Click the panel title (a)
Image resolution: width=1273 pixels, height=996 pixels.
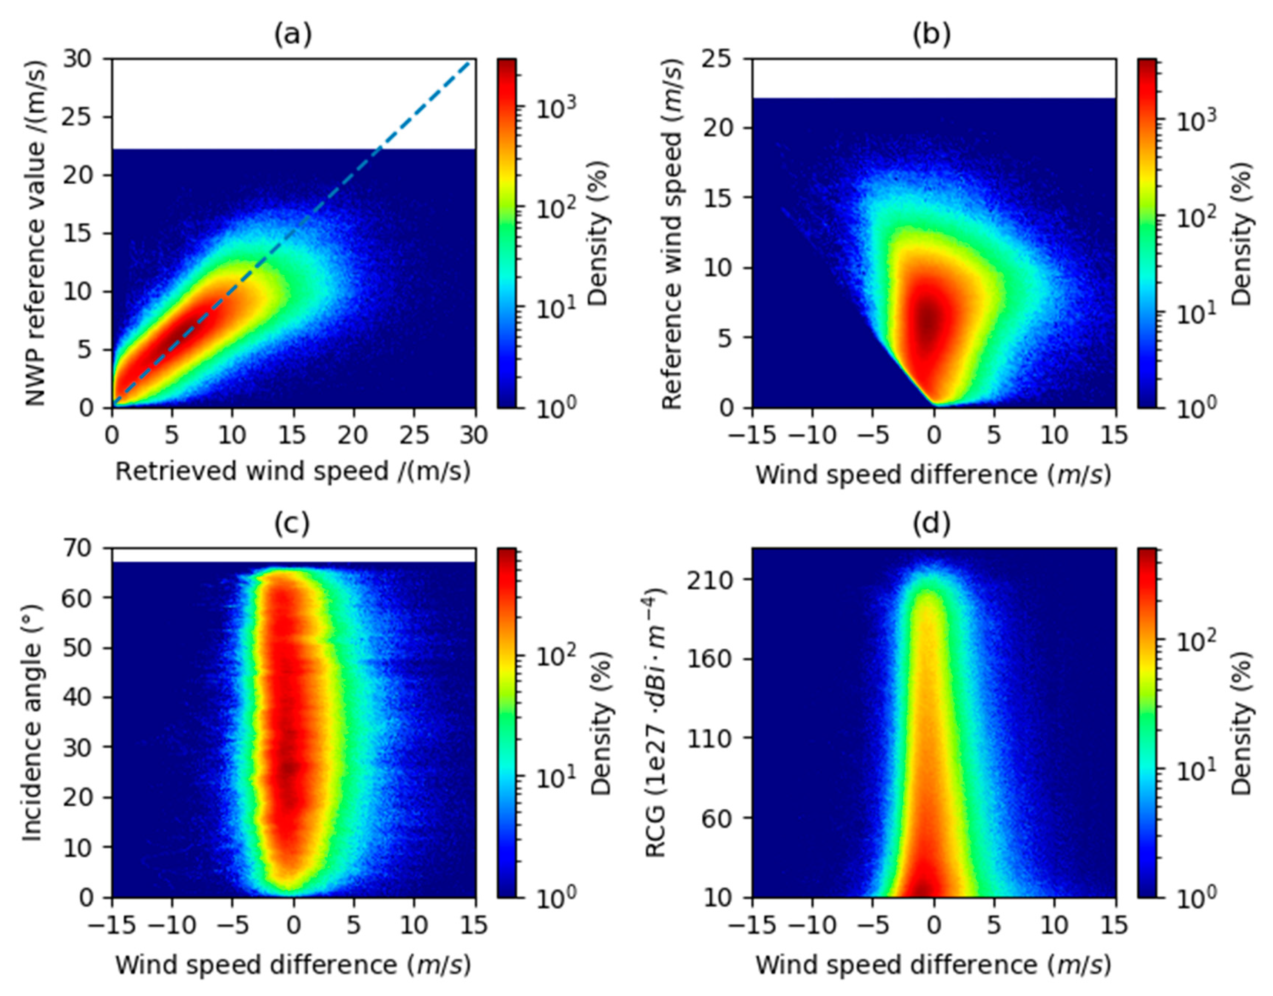click(293, 35)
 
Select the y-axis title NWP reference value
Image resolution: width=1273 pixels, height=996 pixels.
click(36, 233)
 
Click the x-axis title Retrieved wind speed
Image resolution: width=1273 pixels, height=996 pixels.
click(293, 471)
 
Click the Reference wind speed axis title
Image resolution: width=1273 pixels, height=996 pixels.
click(672, 233)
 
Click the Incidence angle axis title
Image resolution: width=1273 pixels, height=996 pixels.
click(33, 723)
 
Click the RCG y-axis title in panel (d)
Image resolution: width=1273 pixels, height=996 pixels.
click(656, 723)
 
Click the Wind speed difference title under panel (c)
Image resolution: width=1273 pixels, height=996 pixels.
click(293, 965)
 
